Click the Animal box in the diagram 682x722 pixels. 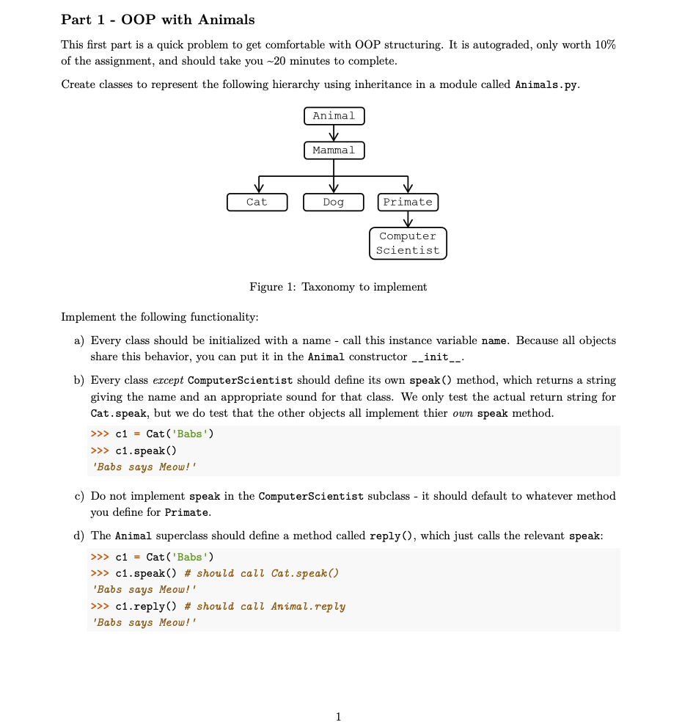(334, 116)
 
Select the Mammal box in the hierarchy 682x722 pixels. (334, 150)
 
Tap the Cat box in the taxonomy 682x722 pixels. (257, 202)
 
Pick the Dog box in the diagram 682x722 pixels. (334, 202)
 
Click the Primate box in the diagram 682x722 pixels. (408, 202)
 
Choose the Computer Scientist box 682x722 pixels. (408, 243)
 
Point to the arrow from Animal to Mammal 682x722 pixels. (334, 133)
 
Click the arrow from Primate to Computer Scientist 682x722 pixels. (408, 219)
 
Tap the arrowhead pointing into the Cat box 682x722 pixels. (257, 189)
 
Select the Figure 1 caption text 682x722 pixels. (338, 287)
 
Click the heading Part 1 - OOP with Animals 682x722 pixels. (158, 19)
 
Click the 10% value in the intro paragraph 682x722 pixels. (605, 45)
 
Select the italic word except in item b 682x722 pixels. (168, 380)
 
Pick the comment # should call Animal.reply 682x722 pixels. (265, 607)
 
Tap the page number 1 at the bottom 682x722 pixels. (338, 716)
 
